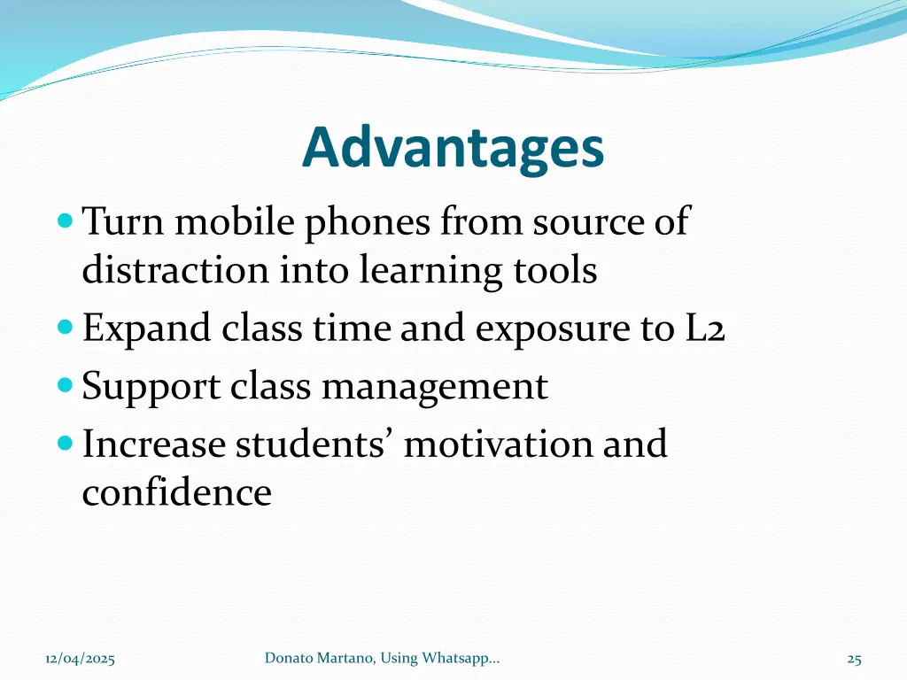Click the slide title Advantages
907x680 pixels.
pos(453,149)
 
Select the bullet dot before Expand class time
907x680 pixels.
pos(65,328)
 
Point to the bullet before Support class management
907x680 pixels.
pos(65,385)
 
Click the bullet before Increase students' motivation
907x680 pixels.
pos(65,443)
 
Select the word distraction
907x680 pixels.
pos(175,270)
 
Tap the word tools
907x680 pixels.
pos(555,270)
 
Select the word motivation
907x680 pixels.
pos(499,444)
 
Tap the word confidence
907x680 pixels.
pos(176,492)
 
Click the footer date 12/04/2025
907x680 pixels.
pos(80,659)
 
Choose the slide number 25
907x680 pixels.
pos(854,659)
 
